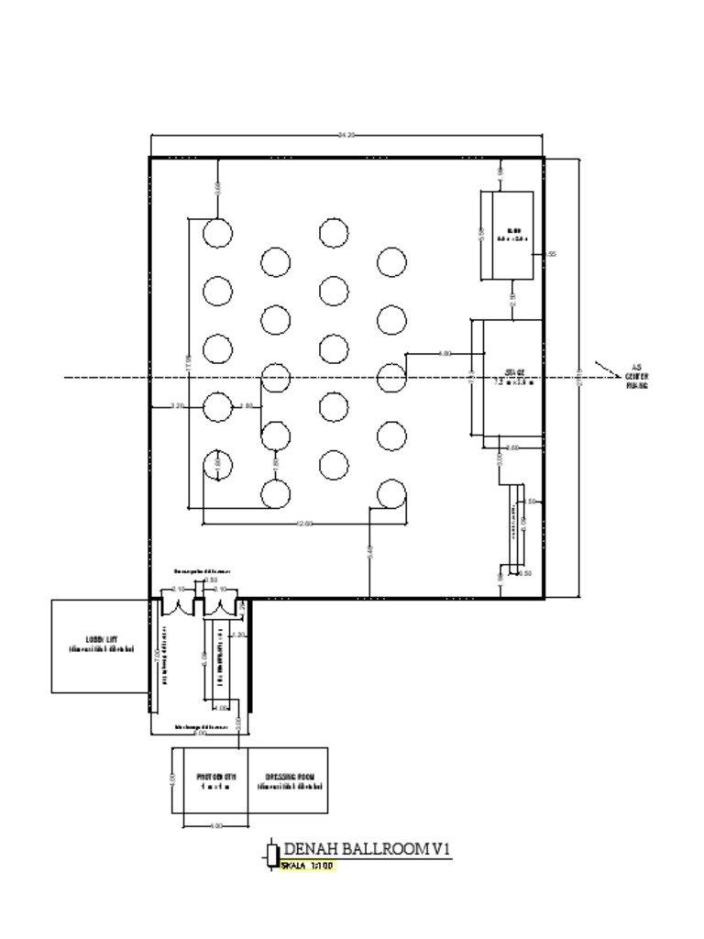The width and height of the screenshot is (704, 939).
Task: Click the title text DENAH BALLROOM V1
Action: click(368, 849)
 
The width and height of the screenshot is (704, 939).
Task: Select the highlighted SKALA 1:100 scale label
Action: click(307, 866)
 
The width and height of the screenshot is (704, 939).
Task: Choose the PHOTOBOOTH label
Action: click(216, 780)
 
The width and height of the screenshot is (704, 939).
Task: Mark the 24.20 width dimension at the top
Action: click(346, 135)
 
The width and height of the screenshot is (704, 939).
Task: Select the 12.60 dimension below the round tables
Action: click(304, 524)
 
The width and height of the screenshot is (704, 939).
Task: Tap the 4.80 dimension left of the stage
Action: click(445, 353)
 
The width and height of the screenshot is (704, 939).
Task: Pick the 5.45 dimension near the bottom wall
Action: click(369, 551)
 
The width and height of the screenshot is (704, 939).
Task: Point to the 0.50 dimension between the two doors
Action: click(210, 580)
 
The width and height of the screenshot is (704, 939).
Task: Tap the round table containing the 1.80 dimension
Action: click(217, 465)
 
